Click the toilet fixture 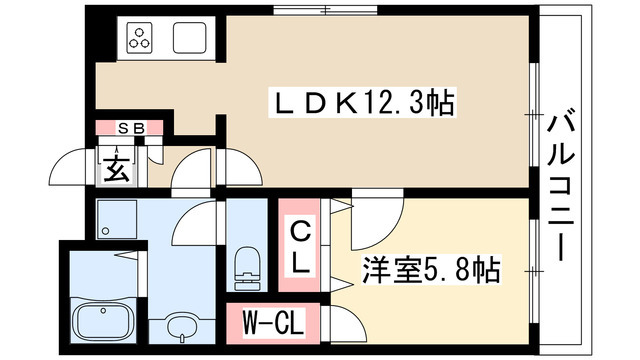coord(245,265)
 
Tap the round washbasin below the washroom coord(183,326)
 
